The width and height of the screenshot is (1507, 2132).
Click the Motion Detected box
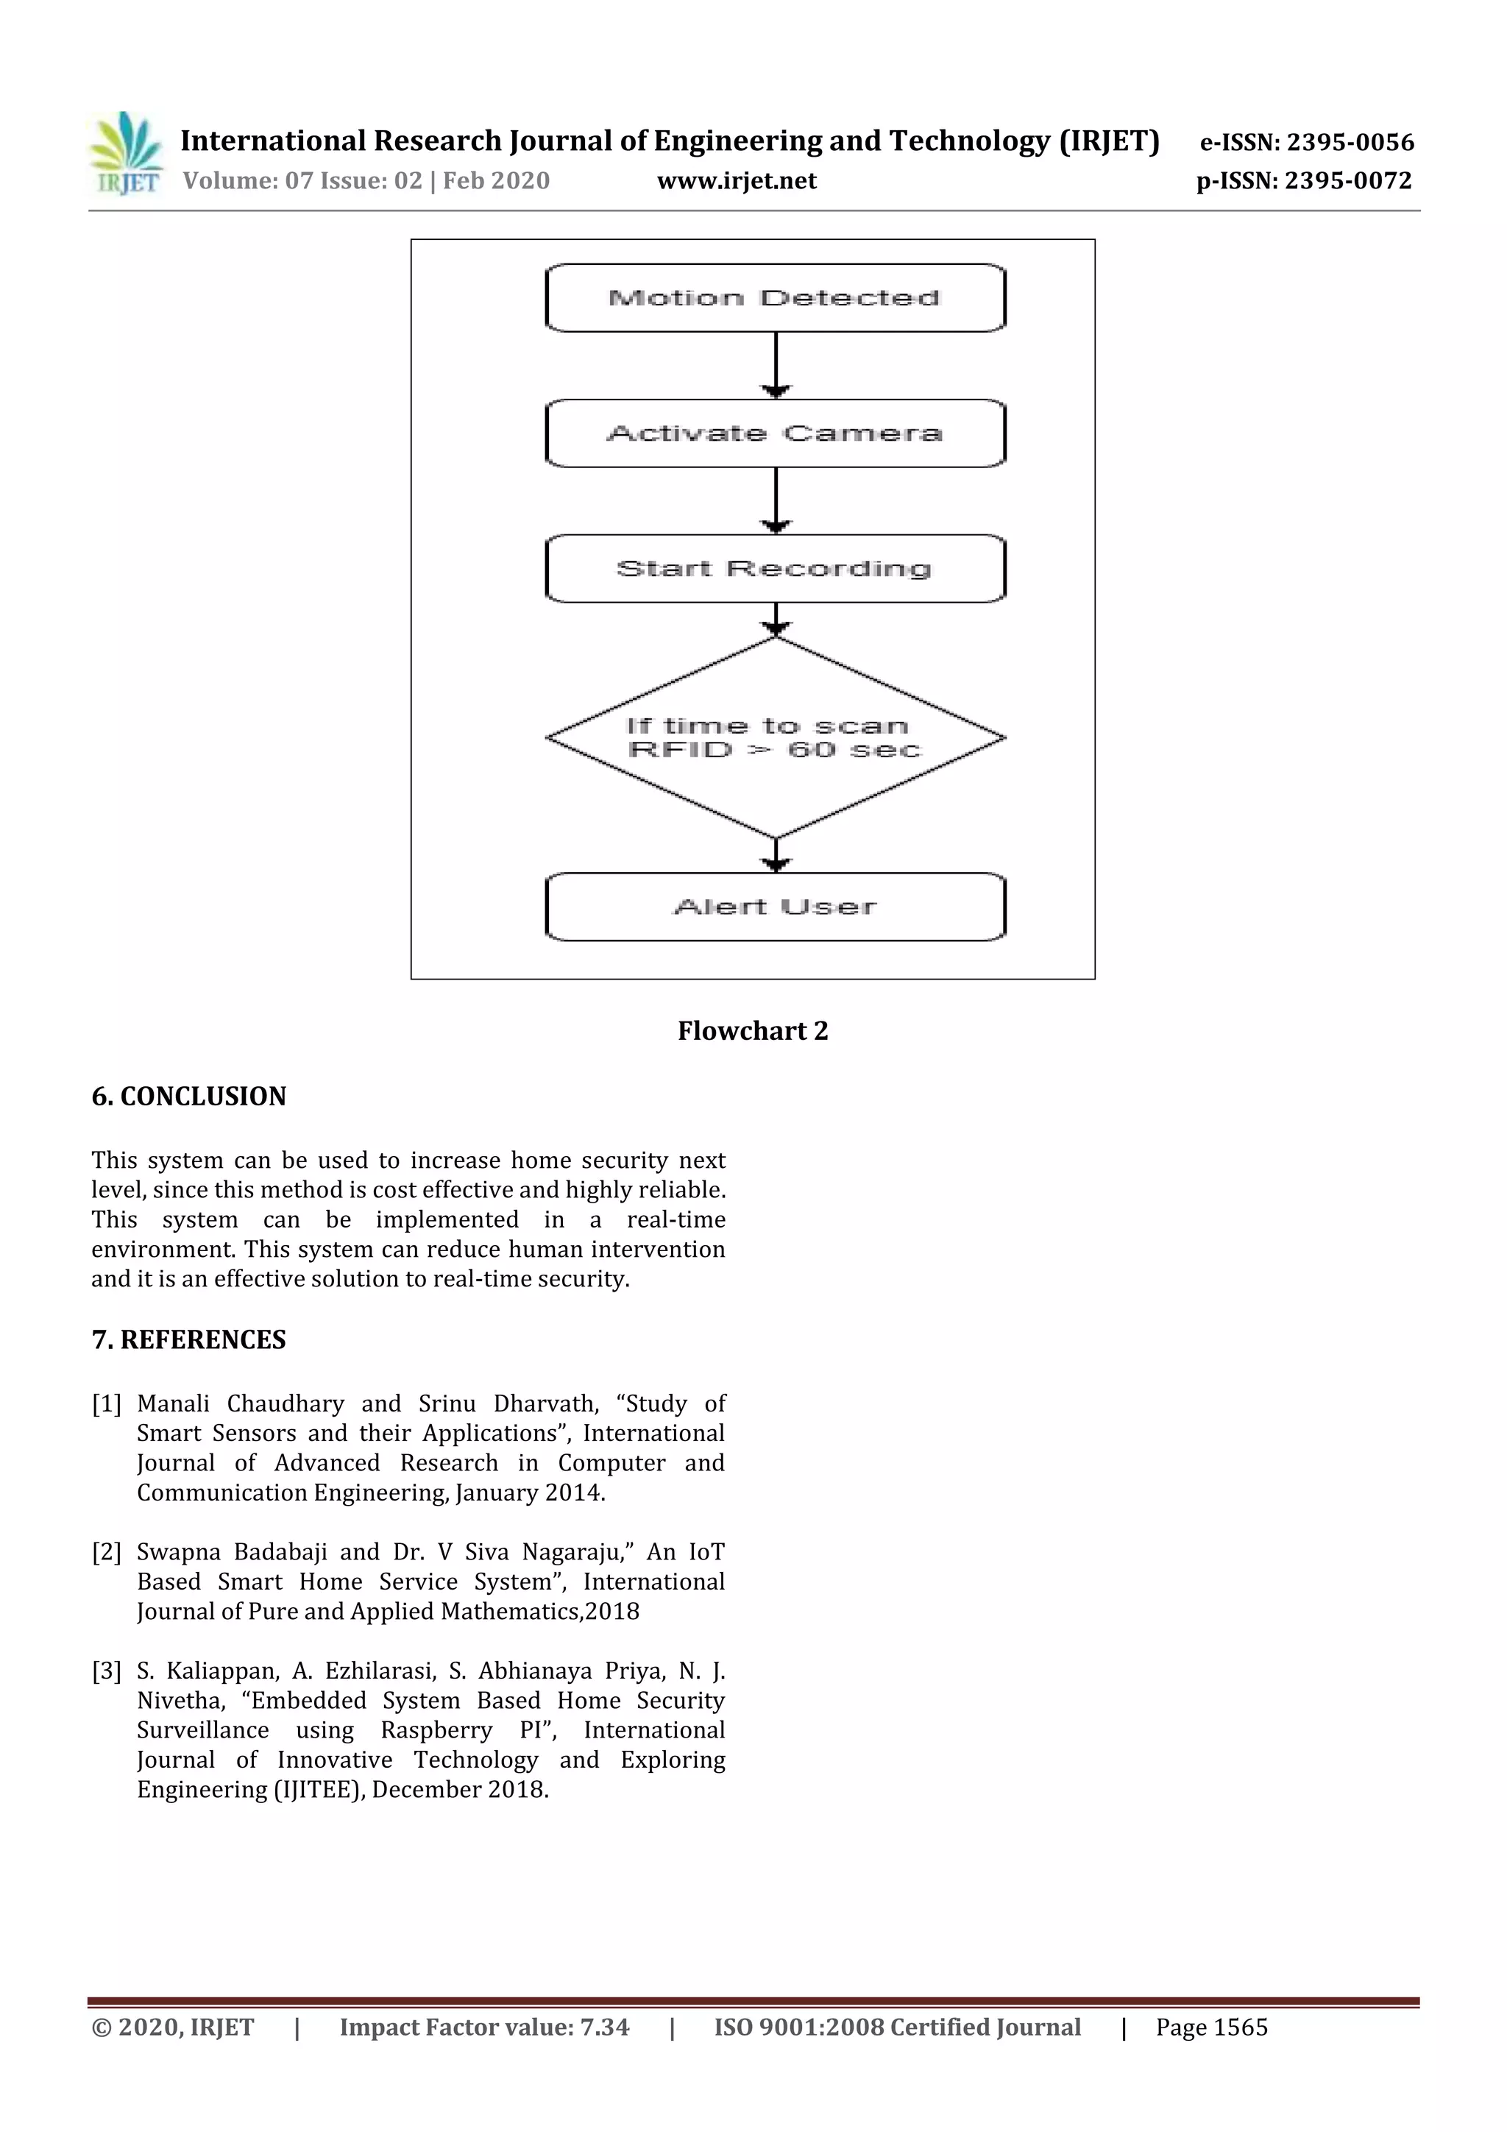tap(776, 298)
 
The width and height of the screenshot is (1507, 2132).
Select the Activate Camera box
tap(776, 433)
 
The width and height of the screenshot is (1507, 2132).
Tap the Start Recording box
tap(776, 568)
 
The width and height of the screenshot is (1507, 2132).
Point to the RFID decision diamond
tap(776, 737)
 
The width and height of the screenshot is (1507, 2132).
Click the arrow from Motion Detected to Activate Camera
tap(776, 364)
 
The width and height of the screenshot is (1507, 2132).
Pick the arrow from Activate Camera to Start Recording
tap(776, 500)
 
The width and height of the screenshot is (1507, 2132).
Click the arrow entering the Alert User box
tap(776, 854)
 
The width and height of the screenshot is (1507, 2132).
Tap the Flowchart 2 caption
tap(752, 1031)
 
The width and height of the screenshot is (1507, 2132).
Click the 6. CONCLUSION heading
tap(188, 1097)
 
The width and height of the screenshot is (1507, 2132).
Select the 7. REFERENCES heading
tap(188, 1340)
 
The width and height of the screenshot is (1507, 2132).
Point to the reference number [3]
tap(106, 1671)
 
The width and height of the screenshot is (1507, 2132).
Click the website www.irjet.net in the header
tap(737, 181)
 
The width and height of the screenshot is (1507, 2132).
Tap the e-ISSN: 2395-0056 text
tap(1306, 142)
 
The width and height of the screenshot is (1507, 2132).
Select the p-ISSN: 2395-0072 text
tap(1304, 181)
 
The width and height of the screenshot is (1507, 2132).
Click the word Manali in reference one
tap(173, 1404)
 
